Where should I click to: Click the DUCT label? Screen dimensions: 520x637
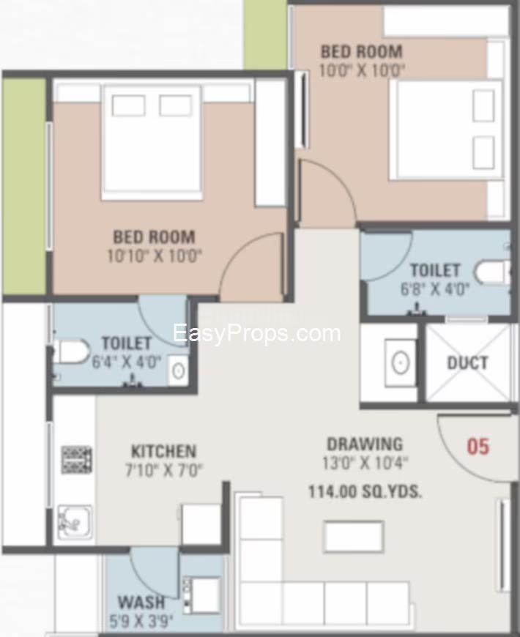pos(467,362)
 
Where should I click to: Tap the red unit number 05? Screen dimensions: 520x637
pos(478,446)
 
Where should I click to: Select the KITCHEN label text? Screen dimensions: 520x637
pos(164,451)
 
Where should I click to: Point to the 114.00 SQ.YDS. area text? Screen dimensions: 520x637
pos(365,492)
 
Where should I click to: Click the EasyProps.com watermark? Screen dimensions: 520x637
pos(257,333)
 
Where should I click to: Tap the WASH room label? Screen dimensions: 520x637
pos(141,602)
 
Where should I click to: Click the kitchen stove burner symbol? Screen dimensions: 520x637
pos(76,460)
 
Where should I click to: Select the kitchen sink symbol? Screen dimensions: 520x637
pos(75,521)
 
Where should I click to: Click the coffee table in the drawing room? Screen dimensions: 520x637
pos(354,537)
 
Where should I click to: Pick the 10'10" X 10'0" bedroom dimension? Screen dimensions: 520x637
pos(155,256)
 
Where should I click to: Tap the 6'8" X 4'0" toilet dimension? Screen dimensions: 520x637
pos(435,289)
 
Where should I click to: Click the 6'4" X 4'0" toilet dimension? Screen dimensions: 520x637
pos(127,362)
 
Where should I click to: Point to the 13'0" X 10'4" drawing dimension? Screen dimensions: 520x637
pos(365,463)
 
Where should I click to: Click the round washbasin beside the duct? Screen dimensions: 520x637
pos(400,362)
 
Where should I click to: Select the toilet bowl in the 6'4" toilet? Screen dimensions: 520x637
pos(73,351)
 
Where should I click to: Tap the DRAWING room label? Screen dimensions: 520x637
pos(365,444)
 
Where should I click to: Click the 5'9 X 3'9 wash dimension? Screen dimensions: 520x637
pos(141,621)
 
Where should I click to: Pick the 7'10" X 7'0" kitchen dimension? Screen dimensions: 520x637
pos(164,470)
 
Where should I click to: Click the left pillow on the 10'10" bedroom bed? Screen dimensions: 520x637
pos(128,105)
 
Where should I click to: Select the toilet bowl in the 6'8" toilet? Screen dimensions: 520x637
pos(492,272)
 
